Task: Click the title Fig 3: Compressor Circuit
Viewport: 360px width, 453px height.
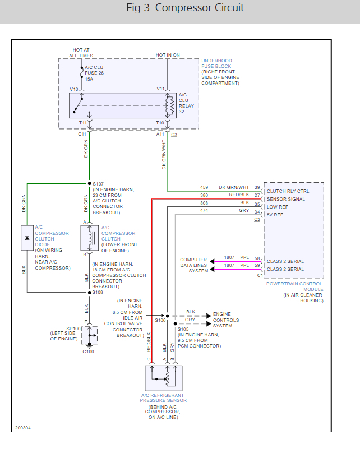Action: click(185, 8)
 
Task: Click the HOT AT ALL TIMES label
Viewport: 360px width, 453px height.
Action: click(82, 52)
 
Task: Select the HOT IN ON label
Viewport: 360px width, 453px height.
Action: click(168, 54)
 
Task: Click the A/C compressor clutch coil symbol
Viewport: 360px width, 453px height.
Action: click(90, 238)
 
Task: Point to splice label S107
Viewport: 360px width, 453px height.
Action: click(99, 184)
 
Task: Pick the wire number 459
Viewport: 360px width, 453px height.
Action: click(204, 187)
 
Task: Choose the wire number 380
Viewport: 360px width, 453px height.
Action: click(204, 195)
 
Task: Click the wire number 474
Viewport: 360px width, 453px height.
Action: click(204, 210)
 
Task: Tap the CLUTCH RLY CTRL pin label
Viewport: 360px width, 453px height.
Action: click(288, 191)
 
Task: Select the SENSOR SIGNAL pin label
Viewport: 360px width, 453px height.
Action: click(286, 198)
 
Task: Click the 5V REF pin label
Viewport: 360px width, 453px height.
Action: click(276, 214)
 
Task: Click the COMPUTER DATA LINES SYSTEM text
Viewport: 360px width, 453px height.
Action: click(193, 265)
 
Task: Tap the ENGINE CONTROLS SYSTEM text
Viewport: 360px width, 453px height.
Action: click(226, 320)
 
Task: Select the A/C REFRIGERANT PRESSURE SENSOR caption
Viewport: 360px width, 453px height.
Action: click(163, 397)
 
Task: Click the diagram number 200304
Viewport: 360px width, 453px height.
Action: click(23, 427)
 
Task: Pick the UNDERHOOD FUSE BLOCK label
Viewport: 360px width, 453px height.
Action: click(216, 63)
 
